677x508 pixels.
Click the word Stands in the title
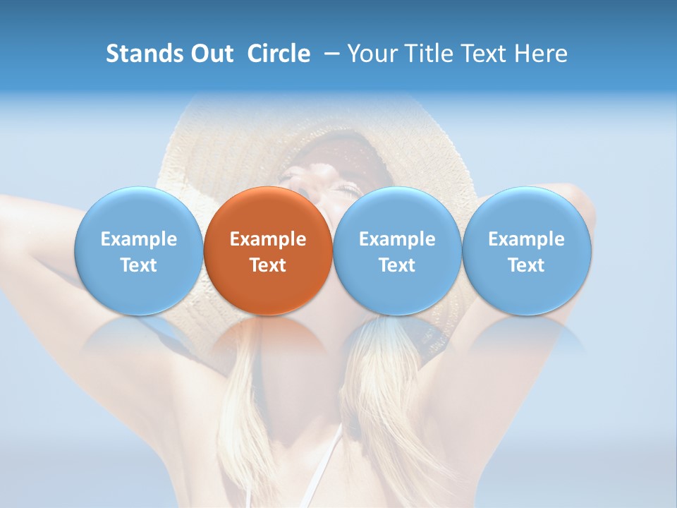pyautogui.click(x=144, y=54)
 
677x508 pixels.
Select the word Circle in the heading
pyautogui.click(x=279, y=54)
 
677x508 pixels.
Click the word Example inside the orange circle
pyautogui.click(x=268, y=239)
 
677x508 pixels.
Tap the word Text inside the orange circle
pyautogui.click(x=268, y=265)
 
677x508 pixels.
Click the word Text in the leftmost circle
pyautogui.click(x=138, y=265)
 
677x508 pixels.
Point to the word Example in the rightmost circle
pyautogui.click(x=527, y=239)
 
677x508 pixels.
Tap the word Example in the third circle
pyautogui.click(x=397, y=239)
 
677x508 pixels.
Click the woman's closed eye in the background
pyautogui.click(x=347, y=188)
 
